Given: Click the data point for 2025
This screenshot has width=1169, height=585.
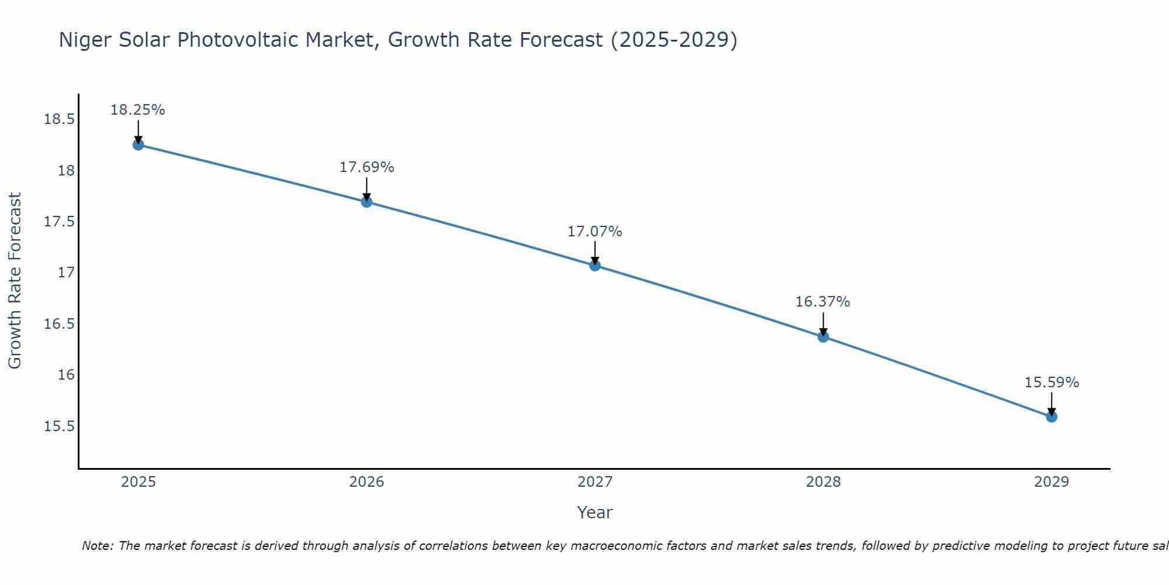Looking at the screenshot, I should point(139,144).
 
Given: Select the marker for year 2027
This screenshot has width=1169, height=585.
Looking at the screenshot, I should point(595,266).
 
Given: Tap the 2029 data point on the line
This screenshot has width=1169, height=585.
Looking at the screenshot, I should point(1052,417).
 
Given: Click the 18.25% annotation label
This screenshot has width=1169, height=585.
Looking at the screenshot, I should point(138,110).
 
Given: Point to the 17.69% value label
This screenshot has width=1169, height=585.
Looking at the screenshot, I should point(366,167).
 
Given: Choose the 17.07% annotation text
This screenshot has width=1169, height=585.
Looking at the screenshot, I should point(594,232).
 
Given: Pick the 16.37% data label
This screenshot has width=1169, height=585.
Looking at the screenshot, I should point(822,302).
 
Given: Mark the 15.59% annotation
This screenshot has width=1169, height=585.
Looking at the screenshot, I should point(1052,383).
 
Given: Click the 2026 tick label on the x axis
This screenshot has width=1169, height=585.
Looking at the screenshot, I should point(366,482).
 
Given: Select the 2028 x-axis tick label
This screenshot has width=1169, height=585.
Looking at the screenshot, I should point(823,482).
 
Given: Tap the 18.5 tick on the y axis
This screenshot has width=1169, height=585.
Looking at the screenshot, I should point(59,120).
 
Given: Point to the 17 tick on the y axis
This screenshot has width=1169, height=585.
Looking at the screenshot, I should point(66,273).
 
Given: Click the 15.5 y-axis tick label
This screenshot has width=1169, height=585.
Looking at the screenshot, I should point(59,426).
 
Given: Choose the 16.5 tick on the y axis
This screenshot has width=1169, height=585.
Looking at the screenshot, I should point(59,324).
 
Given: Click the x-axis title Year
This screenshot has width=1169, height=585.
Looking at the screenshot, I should point(594,512).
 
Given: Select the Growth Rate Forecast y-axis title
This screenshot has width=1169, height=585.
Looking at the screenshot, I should point(15,281).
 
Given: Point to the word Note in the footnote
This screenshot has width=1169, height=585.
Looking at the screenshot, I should point(97,546).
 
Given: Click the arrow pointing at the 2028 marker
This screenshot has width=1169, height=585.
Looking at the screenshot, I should point(823,324).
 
